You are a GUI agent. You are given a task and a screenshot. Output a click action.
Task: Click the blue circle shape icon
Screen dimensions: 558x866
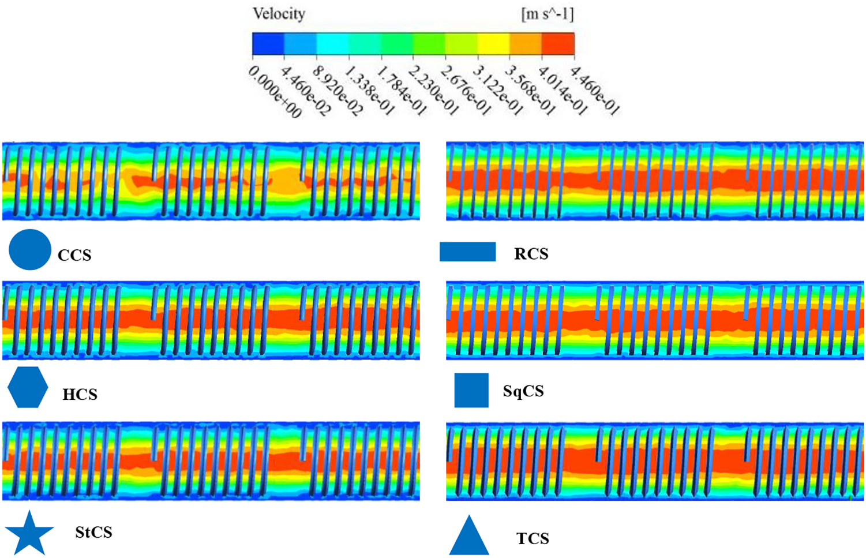point(30,249)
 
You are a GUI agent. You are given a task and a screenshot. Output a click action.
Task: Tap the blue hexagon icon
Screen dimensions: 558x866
point(28,387)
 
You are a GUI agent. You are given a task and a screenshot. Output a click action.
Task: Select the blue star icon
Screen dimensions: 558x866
point(29,532)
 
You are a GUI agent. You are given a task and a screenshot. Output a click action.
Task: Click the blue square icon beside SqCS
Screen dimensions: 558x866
point(471,390)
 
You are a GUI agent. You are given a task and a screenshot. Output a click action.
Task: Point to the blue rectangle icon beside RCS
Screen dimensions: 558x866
point(467,252)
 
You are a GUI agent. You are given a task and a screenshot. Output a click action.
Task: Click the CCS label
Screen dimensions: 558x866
point(74,255)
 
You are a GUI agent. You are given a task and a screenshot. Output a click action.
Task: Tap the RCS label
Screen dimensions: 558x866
point(531,254)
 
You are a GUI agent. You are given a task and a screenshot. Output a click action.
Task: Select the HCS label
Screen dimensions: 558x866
point(80,395)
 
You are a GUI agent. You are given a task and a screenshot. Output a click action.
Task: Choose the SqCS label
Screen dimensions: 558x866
point(523,391)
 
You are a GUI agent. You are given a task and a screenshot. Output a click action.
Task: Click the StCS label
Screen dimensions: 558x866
point(93,532)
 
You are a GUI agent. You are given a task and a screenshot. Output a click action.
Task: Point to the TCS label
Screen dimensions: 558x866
point(533,539)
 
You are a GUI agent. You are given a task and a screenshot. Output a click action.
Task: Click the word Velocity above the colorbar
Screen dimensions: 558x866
point(279,14)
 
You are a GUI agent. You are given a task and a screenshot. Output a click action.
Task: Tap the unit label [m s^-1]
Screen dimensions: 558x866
point(547,14)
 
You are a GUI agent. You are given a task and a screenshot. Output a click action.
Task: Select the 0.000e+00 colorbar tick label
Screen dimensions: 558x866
point(275,92)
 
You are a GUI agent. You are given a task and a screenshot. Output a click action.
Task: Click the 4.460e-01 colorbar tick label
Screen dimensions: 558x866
point(595,91)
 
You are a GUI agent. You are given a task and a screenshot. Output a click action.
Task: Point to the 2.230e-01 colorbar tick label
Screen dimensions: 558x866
point(434,91)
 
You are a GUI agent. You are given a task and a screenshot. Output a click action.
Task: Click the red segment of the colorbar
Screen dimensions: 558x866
point(558,44)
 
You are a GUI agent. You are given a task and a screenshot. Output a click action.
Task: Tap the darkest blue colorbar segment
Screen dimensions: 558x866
point(268,44)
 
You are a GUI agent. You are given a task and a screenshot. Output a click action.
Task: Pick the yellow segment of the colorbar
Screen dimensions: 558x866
point(493,44)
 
